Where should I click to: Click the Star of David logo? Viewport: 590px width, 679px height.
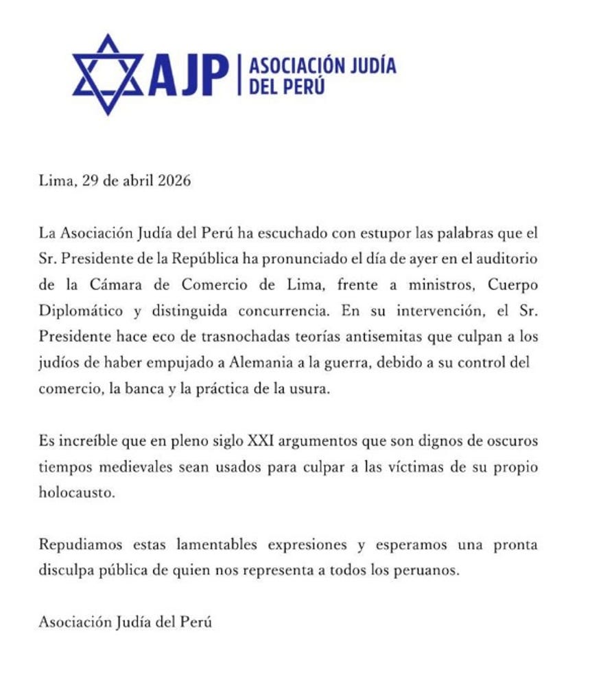tap(108, 74)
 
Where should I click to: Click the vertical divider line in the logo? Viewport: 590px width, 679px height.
tap(238, 75)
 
